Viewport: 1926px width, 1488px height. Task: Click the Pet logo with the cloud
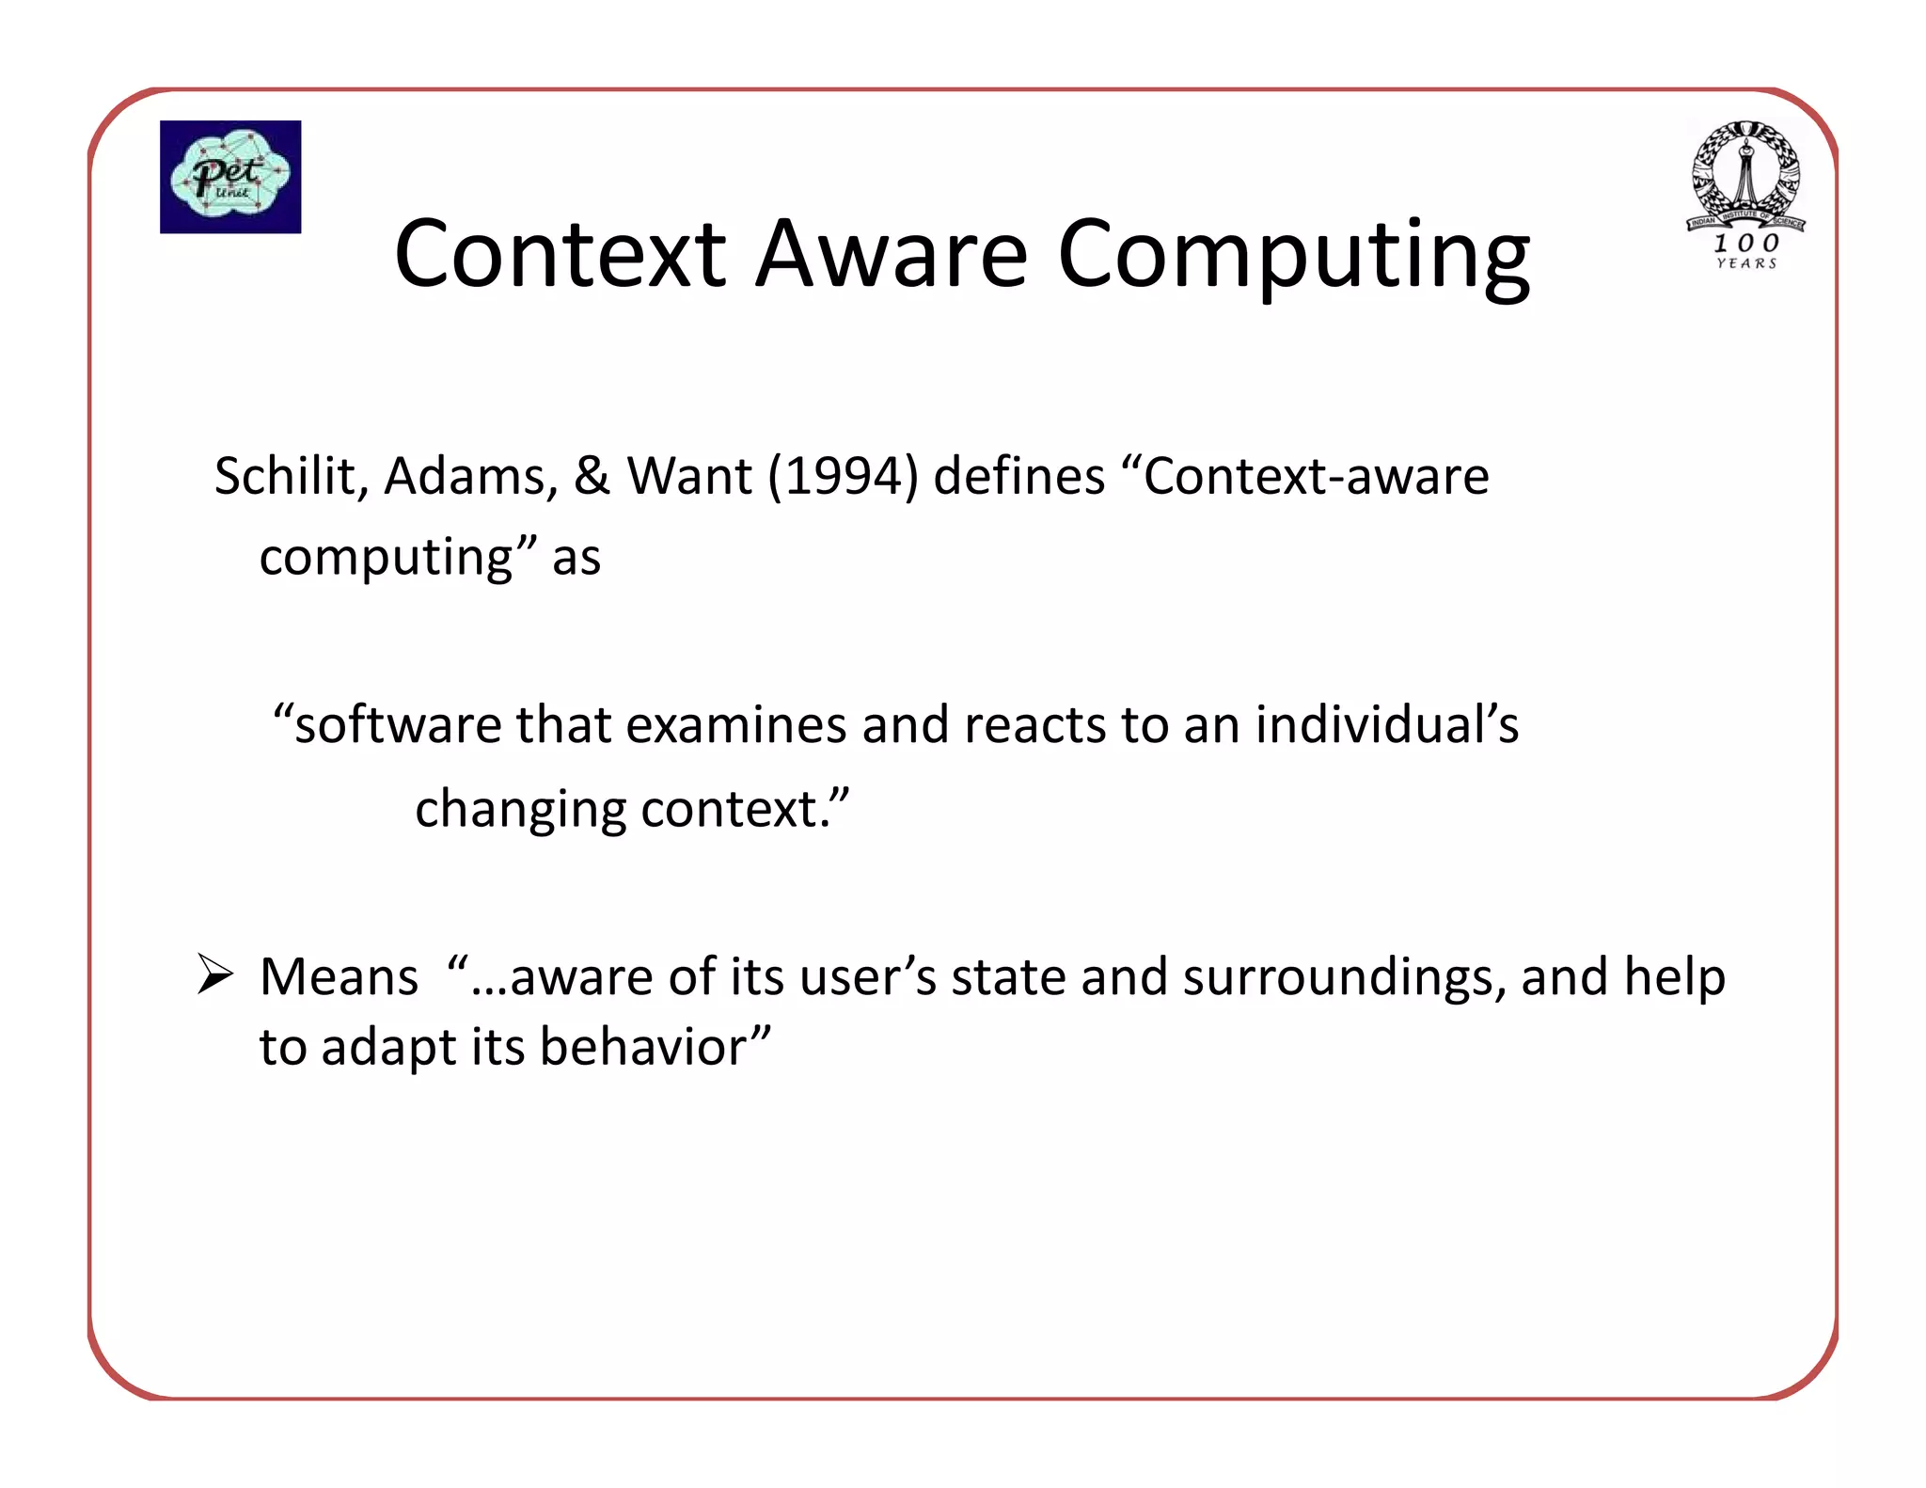click(230, 177)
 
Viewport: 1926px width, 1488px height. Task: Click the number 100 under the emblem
click(1745, 243)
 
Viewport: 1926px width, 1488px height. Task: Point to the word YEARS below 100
click(1746, 264)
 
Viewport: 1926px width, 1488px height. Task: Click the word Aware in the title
click(892, 254)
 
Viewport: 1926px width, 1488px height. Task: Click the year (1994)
click(842, 476)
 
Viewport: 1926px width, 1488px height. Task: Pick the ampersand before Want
click(592, 476)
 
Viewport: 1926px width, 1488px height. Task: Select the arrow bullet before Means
click(215, 974)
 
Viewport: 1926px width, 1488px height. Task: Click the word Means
click(339, 977)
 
